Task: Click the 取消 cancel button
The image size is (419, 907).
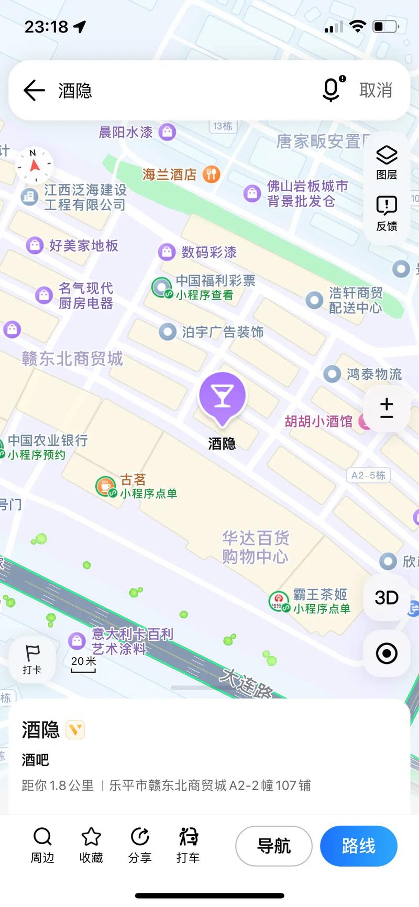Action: pos(376,90)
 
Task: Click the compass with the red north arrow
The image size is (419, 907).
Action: pos(35,166)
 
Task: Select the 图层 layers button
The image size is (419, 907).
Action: pos(387,162)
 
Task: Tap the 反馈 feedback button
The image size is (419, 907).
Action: pos(387,213)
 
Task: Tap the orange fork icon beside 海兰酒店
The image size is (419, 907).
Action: pos(212,174)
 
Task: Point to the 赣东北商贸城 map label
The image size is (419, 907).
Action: pos(72,359)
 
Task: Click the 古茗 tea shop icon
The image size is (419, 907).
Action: pos(105,486)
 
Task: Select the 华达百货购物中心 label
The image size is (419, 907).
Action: pos(255,547)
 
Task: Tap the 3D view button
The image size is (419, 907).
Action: pos(387,597)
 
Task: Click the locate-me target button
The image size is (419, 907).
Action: pos(387,653)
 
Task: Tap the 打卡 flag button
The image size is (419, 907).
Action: pos(32,659)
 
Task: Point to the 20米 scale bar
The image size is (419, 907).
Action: pos(83,664)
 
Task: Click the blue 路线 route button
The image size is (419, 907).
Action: pos(358,846)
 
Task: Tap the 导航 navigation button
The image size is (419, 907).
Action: pos(273,846)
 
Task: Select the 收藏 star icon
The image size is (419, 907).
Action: pos(91,837)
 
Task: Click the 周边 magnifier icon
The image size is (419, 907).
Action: pos(42,837)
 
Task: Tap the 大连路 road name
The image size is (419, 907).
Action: pos(246,683)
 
